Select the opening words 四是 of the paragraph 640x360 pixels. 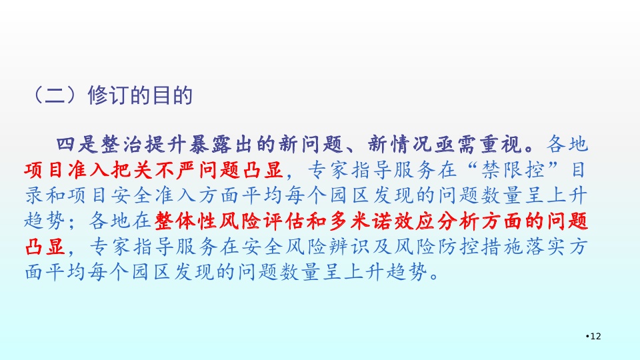(77, 145)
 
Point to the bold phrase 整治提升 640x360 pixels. (143, 145)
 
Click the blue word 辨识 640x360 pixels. (350, 247)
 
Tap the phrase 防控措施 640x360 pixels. (481, 247)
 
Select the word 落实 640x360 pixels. (545, 247)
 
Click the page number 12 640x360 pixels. (595, 336)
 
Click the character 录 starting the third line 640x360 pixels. (34, 195)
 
